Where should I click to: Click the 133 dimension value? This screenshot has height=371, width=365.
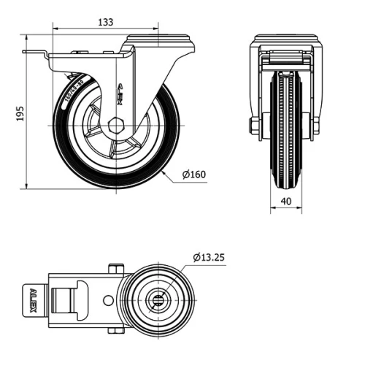click(105, 22)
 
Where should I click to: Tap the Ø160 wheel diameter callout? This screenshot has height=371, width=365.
click(194, 175)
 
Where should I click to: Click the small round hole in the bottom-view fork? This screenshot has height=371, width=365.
click(108, 299)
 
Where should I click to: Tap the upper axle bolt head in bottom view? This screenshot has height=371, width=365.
click(113, 269)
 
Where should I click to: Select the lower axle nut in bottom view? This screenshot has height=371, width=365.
click(113, 330)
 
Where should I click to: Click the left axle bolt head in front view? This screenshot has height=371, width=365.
click(253, 126)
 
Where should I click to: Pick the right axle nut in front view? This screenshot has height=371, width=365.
click(315, 127)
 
